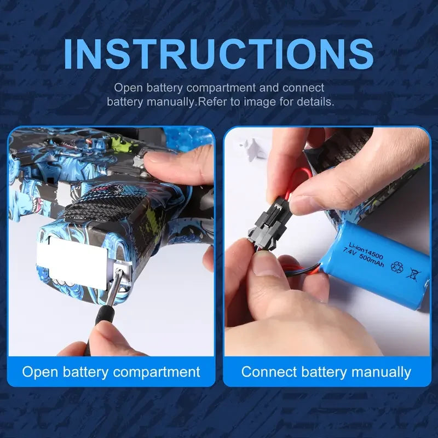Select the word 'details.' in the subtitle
coord(314,102)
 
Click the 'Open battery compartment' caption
coord(111,372)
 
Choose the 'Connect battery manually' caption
coord(326,372)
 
